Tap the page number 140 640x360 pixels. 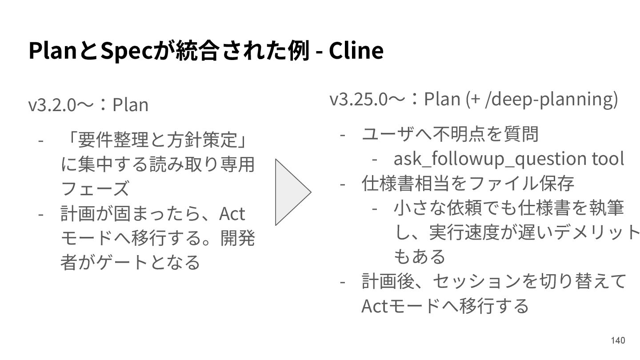tap(618, 340)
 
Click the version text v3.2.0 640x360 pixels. tap(51, 105)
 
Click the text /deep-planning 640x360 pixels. tap(552, 99)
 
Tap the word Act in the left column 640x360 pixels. tap(232, 214)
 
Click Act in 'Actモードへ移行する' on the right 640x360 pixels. tap(375, 306)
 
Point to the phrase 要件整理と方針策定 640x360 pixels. tap(156, 141)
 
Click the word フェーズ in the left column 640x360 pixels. tap(95, 189)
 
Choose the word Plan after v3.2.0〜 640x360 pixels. tap(130, 105)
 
